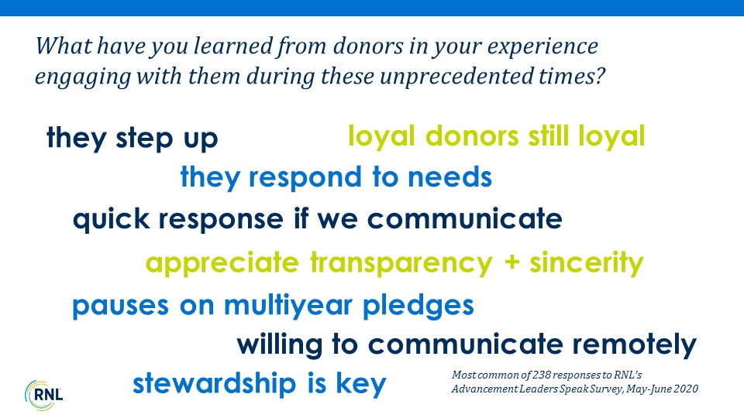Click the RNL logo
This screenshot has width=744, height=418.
point(43,395)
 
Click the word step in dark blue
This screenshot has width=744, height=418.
point(144,139)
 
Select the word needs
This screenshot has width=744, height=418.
point(449,177)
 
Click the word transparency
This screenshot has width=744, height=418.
point(401,263)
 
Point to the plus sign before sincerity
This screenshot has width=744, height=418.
point(511,262)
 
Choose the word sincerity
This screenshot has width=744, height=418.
point(587,263)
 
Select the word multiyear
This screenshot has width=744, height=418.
point(288,306)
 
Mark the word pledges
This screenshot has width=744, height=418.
point(418,305)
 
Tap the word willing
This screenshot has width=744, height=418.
point(280,345)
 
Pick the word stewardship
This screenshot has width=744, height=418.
point(215,383)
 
